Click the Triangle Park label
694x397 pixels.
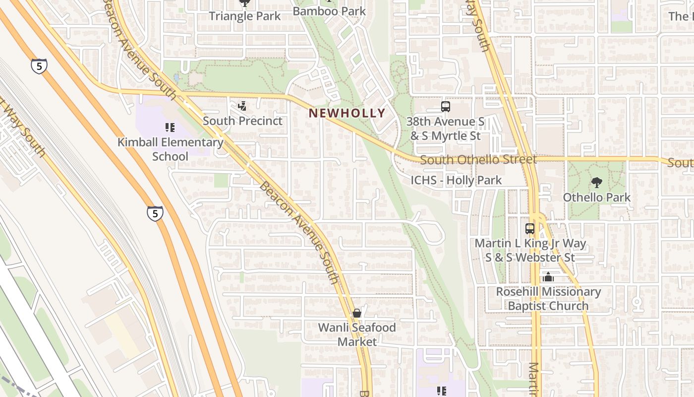click(244, 16)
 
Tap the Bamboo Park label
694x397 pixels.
click(329, 11)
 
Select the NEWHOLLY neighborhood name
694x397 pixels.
click(347, 113)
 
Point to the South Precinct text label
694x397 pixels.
click(242, 121)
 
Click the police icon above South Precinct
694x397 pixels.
click(242, 106)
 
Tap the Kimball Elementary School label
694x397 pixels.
click(170, 149)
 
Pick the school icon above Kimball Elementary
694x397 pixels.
click(170, 128)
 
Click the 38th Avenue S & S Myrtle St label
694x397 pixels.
click(445, 129)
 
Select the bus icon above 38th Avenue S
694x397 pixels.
click(445, 106)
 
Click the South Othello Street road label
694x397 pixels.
click(478, 160)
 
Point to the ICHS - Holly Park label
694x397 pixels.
click(456, 180)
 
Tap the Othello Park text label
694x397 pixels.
click(596, 197)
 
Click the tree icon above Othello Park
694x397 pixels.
click(596, 183)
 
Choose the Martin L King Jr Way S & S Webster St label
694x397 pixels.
click(530, 251)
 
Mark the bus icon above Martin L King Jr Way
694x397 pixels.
click(530, 229)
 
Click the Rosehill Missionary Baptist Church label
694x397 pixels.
click(548, 299)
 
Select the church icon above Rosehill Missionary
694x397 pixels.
click(548, 277)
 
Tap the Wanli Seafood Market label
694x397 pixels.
click(357, 334)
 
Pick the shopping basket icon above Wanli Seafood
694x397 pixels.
click(356, 313)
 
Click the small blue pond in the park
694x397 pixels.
click(177, 78)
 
